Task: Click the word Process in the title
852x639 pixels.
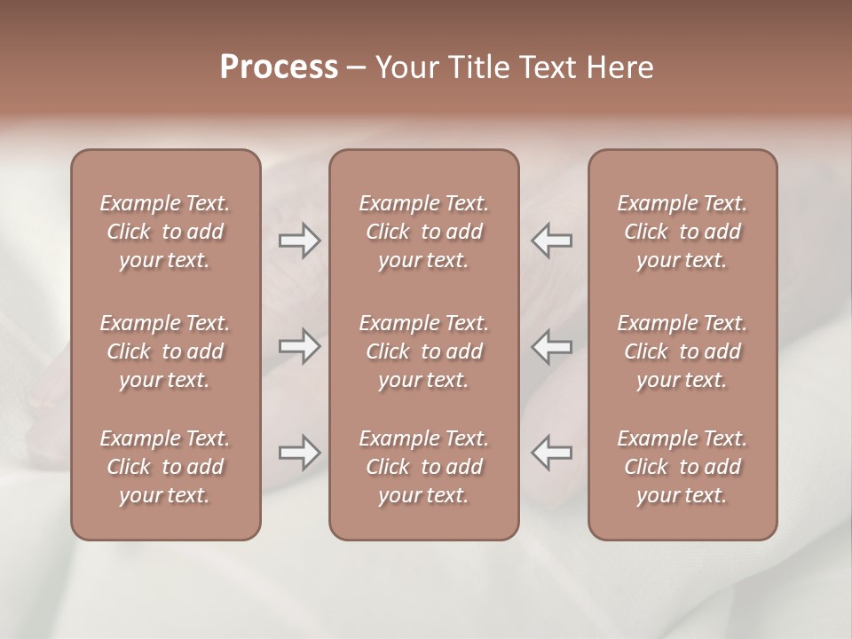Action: [279, 67]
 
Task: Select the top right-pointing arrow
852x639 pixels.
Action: [299, 241]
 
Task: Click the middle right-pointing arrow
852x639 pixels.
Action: [299, 346]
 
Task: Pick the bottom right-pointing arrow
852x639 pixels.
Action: [299, 453]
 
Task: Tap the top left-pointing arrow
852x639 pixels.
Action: [551, 241]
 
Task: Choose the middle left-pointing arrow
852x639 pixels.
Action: [551, 346]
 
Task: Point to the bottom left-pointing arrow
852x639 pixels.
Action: [551, 453]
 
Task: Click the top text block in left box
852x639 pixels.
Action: [165, 232]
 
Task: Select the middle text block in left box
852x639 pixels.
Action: [165, 351]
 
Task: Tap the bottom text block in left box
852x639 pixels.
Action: [165, 467]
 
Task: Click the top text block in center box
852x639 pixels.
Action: [423, 232]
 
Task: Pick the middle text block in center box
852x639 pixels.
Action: [423, 351]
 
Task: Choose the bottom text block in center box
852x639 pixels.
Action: [423, 467]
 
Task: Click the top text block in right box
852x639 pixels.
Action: [682, 232]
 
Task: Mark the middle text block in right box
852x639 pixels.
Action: [682, 351]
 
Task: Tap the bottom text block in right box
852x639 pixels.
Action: [682, 467]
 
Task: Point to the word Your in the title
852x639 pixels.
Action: [406, 67]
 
